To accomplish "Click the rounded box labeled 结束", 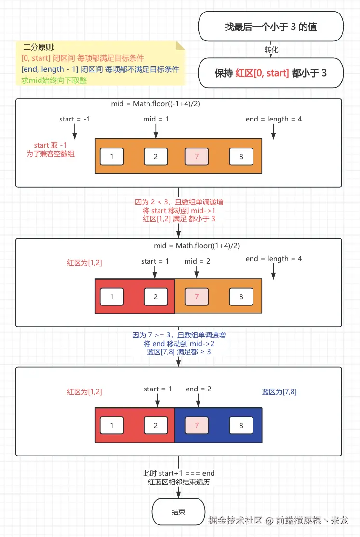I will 178,512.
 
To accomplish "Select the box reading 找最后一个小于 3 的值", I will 271,27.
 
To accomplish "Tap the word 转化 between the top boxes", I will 271,50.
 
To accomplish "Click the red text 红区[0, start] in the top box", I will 262,73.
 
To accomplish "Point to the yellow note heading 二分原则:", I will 39,47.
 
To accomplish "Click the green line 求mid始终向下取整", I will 54,81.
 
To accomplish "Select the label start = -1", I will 75,119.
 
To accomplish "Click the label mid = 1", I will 156,119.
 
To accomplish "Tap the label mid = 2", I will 197,261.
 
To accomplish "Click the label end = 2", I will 198,389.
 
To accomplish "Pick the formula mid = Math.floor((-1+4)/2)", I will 155,104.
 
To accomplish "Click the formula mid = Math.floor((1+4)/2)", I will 197,246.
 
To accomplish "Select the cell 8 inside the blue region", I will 241,425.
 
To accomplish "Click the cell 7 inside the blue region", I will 197,425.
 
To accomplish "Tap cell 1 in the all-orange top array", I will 112,157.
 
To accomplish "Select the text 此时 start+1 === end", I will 179,473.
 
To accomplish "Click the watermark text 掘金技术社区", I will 235,521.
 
